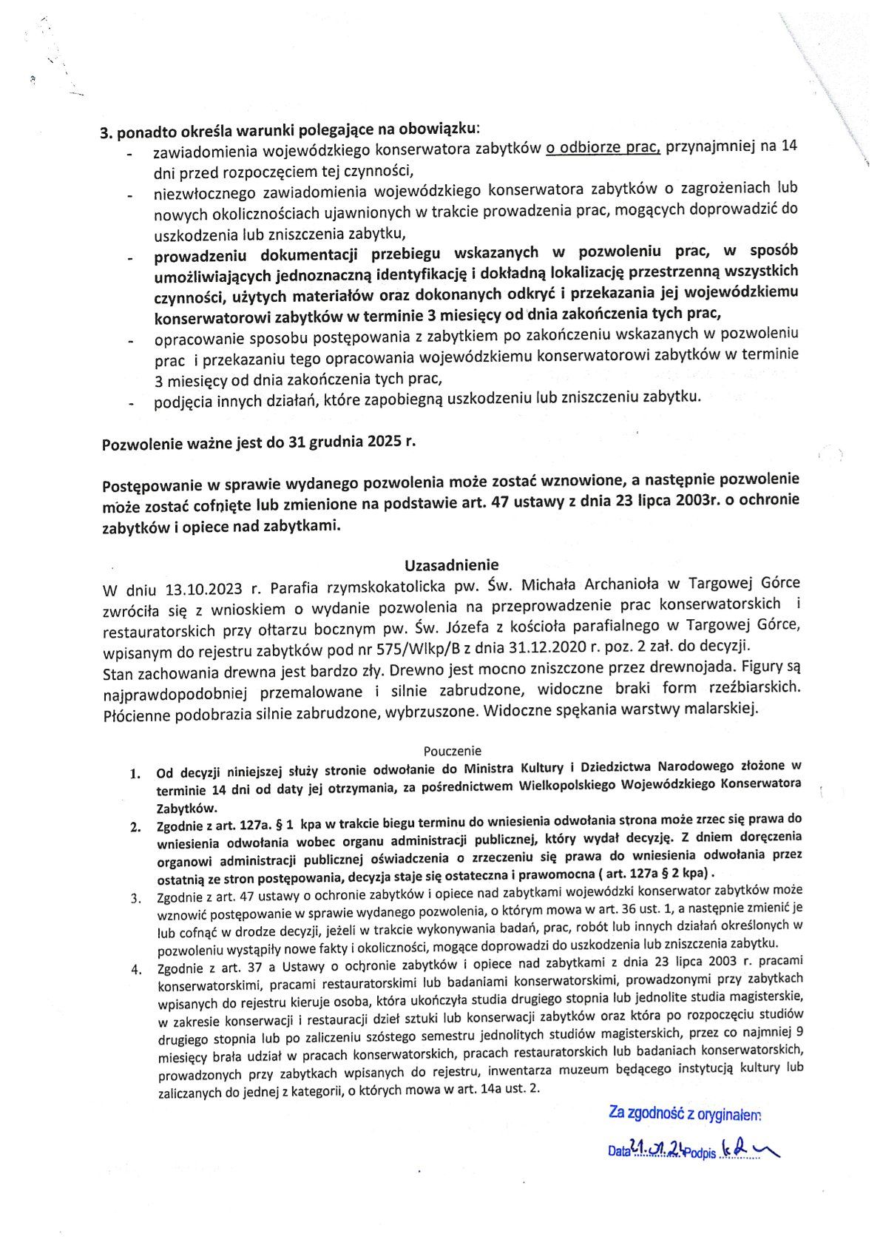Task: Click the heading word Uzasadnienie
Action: [451, 566]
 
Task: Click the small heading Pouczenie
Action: [453, 750]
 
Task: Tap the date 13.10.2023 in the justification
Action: [202, 590]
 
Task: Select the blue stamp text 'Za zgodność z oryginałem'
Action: [685, 1113]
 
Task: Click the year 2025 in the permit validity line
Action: [382, 444]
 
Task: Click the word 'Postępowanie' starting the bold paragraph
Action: [151, 486]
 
